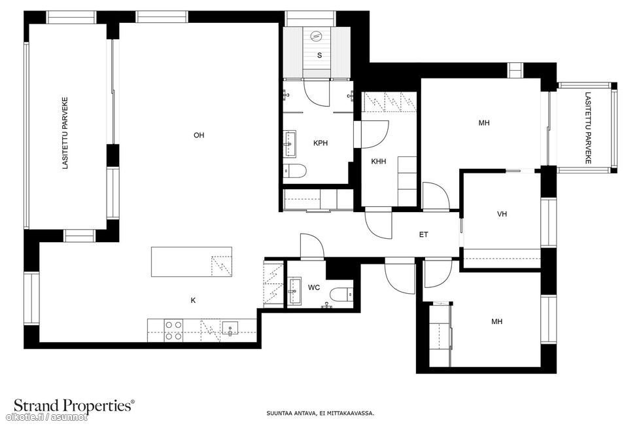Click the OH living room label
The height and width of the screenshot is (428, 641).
click(199, 135)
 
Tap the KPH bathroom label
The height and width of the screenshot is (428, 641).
click(320, 143)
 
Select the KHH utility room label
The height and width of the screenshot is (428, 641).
click(379, 161)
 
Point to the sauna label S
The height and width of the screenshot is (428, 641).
click(319, 55)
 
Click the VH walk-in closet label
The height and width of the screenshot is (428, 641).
click(502, 213)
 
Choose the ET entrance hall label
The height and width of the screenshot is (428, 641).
click(424, 234)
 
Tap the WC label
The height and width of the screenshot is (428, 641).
click(314, 288)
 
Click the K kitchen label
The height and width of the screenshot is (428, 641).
click(194, 300)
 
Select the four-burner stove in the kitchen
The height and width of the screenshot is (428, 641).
click(173, 330)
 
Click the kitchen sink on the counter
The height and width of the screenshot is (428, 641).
click(230, 329)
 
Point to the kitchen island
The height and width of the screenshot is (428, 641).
click(192, 262)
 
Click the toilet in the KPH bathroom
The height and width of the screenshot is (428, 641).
click(294, 171)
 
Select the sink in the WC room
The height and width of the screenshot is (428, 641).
click(294, 291)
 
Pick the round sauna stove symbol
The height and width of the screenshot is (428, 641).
click(316, 36)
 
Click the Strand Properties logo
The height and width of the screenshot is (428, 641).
click(74, 406)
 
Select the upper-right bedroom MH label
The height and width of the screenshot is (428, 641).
click(484, 123)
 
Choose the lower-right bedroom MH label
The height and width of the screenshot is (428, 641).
click(496, 321)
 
